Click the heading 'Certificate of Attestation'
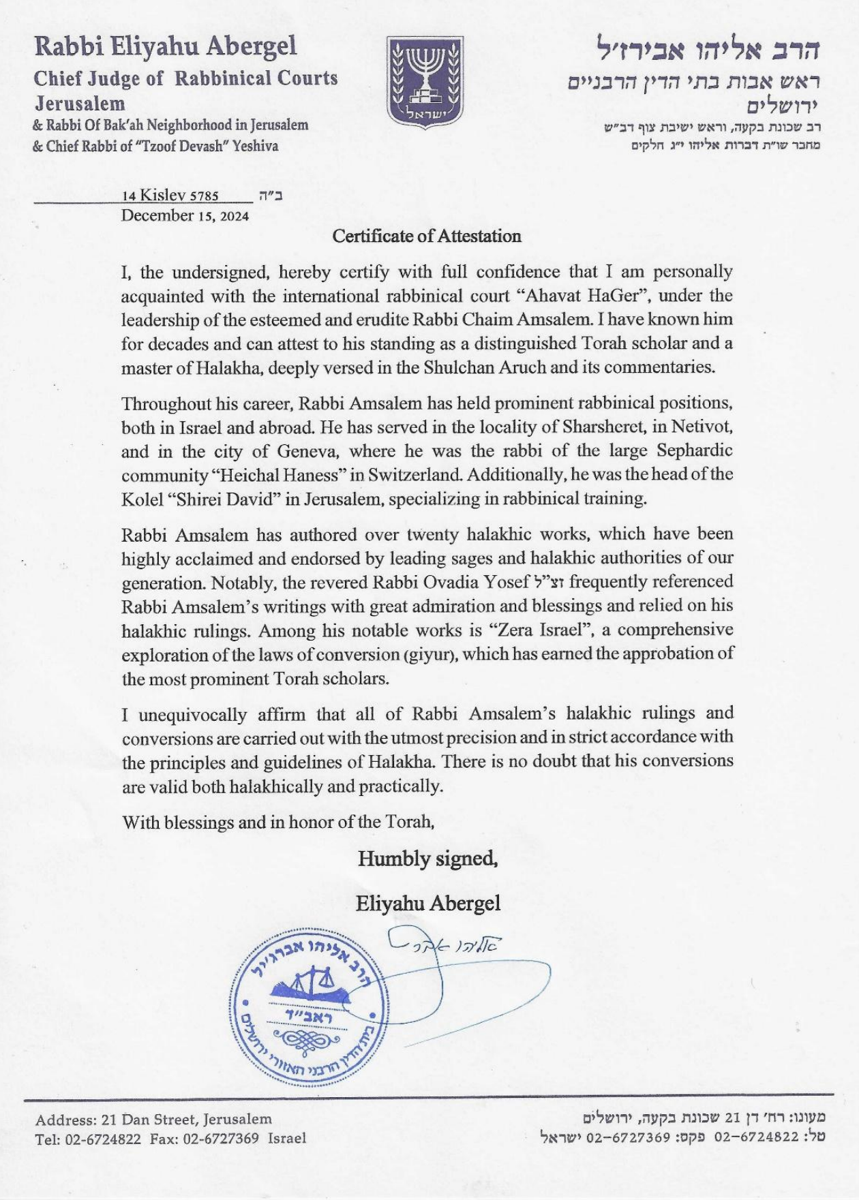point(427,236)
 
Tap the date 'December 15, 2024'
point(185,216)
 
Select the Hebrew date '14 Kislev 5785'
point(170,196)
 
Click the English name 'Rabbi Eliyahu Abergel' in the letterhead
point(166,46)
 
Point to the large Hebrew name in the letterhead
point(708,49)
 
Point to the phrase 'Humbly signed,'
point(427,859)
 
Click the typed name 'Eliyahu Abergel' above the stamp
point(427,904)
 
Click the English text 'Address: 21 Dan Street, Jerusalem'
point(153,1119)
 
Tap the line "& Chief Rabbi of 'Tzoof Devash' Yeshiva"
point(155,146)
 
